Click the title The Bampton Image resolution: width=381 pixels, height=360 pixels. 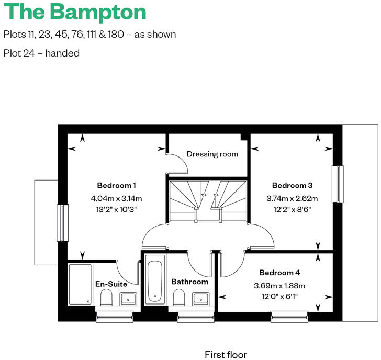pos(75,12)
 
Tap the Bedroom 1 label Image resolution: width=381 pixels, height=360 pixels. pos(116,185)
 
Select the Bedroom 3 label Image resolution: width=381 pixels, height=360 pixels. pos(292,185)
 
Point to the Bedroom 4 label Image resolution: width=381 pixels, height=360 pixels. pos(279,273)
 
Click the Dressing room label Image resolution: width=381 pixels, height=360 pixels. pos(212,154)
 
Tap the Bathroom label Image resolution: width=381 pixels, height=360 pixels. pos(189,282)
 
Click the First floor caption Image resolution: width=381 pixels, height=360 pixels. pos(226,355)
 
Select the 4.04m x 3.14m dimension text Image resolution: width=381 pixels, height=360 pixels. pos(116,198)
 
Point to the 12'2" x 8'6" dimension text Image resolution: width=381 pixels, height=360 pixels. pos(292,209)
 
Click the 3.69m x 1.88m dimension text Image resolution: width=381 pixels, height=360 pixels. pos(279,286)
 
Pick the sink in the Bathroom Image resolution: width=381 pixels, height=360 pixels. pos(201,299)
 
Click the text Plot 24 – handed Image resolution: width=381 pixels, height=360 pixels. pos(41,53)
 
